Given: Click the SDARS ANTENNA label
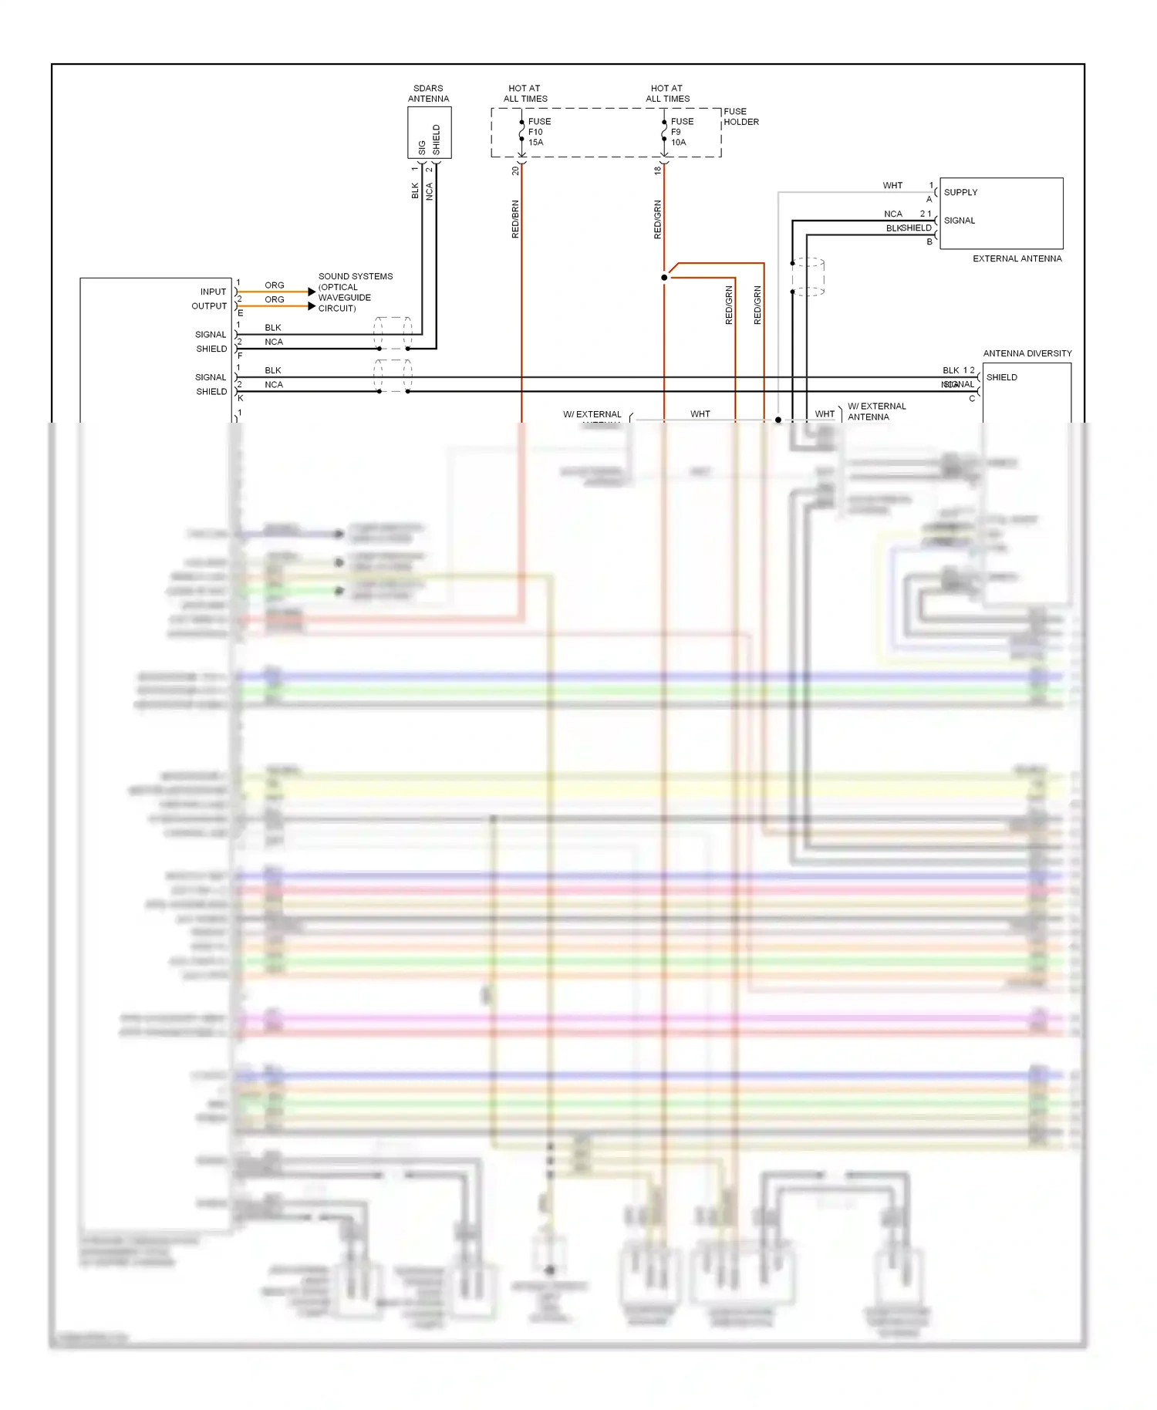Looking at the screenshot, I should [428, 93].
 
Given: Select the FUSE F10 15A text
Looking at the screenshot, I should [538, 132].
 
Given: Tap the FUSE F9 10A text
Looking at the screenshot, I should [681, 132].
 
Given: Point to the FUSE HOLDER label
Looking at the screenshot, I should [740, 116].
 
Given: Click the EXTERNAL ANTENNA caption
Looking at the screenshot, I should [1017, 258].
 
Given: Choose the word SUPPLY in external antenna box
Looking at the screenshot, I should [960, 192].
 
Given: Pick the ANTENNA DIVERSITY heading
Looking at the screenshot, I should [1027, 353].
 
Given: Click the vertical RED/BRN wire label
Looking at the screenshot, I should [515, 219].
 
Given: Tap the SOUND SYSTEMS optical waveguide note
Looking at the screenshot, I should [354, 292].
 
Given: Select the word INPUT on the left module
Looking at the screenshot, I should [213, 292].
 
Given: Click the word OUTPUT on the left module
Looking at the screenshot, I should [209, 306].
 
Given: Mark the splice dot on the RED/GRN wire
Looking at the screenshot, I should [664, 278].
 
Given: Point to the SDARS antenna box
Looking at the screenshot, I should [429, 133].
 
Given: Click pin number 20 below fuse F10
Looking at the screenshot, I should [515, 170].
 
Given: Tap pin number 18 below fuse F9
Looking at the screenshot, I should [657, 170].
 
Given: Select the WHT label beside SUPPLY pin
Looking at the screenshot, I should [892, 186].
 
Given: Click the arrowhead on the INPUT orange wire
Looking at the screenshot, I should [311, 292].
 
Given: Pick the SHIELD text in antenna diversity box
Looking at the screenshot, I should [1001, 377].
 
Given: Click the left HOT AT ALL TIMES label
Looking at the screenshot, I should [525, 93].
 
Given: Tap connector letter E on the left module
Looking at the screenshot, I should [241, 313].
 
